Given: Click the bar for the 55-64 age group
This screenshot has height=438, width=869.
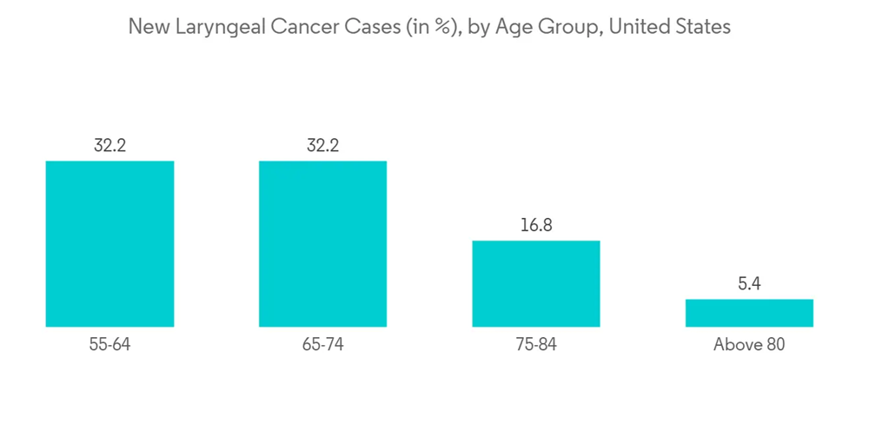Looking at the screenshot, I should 109,243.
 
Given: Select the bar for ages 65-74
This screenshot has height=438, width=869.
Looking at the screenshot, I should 322,243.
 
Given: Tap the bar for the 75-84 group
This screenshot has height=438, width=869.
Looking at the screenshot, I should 535,283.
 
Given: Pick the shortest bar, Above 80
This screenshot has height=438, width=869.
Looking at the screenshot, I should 749,313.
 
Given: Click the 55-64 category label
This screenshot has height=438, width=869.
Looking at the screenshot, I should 109,345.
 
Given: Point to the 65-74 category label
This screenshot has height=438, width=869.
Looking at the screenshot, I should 322,345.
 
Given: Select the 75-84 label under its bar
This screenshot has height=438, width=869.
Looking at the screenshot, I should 535,345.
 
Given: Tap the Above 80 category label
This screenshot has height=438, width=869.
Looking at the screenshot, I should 749,345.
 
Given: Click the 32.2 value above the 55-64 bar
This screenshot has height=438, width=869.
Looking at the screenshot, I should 109,145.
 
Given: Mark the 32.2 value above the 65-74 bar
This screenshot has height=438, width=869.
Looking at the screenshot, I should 322,145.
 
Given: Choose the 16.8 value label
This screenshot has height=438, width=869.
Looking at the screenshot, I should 535,226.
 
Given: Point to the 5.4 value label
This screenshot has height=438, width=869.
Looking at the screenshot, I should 749,284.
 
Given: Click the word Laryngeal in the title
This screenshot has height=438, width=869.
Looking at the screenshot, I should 213,28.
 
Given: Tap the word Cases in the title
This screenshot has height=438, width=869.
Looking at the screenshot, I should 366,27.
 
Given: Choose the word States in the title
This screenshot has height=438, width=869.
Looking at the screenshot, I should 703,27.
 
